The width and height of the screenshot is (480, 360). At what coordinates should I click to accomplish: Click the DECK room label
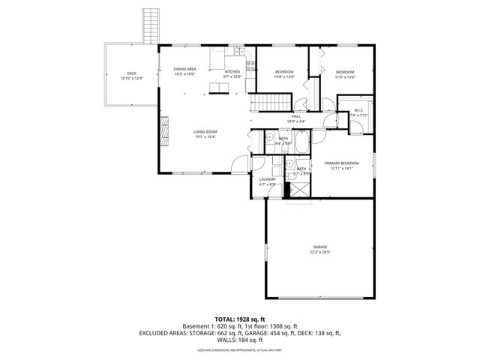tap(131, 73)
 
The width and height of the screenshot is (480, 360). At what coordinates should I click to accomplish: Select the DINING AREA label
tap(185, 69)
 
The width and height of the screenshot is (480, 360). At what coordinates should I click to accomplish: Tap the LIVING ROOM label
tap(205, 132)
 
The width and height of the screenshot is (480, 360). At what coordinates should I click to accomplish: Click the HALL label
tap(296, 117)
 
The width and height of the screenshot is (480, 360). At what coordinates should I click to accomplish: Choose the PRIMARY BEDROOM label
tap(341, 163)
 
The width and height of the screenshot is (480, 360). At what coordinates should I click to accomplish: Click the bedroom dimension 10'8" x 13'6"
tap(283, 76)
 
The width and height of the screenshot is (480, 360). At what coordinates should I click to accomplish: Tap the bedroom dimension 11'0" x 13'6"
tap(345, 76)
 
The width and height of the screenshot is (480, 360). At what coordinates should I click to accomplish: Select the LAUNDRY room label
tap(268, 179)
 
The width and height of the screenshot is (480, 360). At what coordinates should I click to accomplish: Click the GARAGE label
tap(320, 247)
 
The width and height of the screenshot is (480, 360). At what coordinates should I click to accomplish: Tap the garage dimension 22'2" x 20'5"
tap(320, 252)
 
